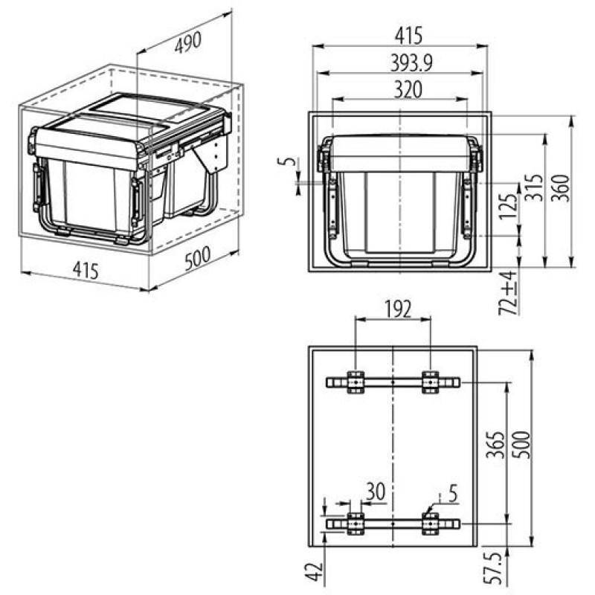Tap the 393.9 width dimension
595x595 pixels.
coord(412,63)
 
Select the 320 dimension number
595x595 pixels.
coord(408,90)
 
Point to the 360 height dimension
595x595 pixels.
coord(562,188)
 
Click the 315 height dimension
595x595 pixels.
coord(534,187)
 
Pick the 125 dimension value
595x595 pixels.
coord(509,207)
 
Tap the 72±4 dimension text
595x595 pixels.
coord(508,292)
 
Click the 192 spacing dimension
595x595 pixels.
coord(398,309)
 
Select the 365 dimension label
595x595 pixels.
coord(496,445)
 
